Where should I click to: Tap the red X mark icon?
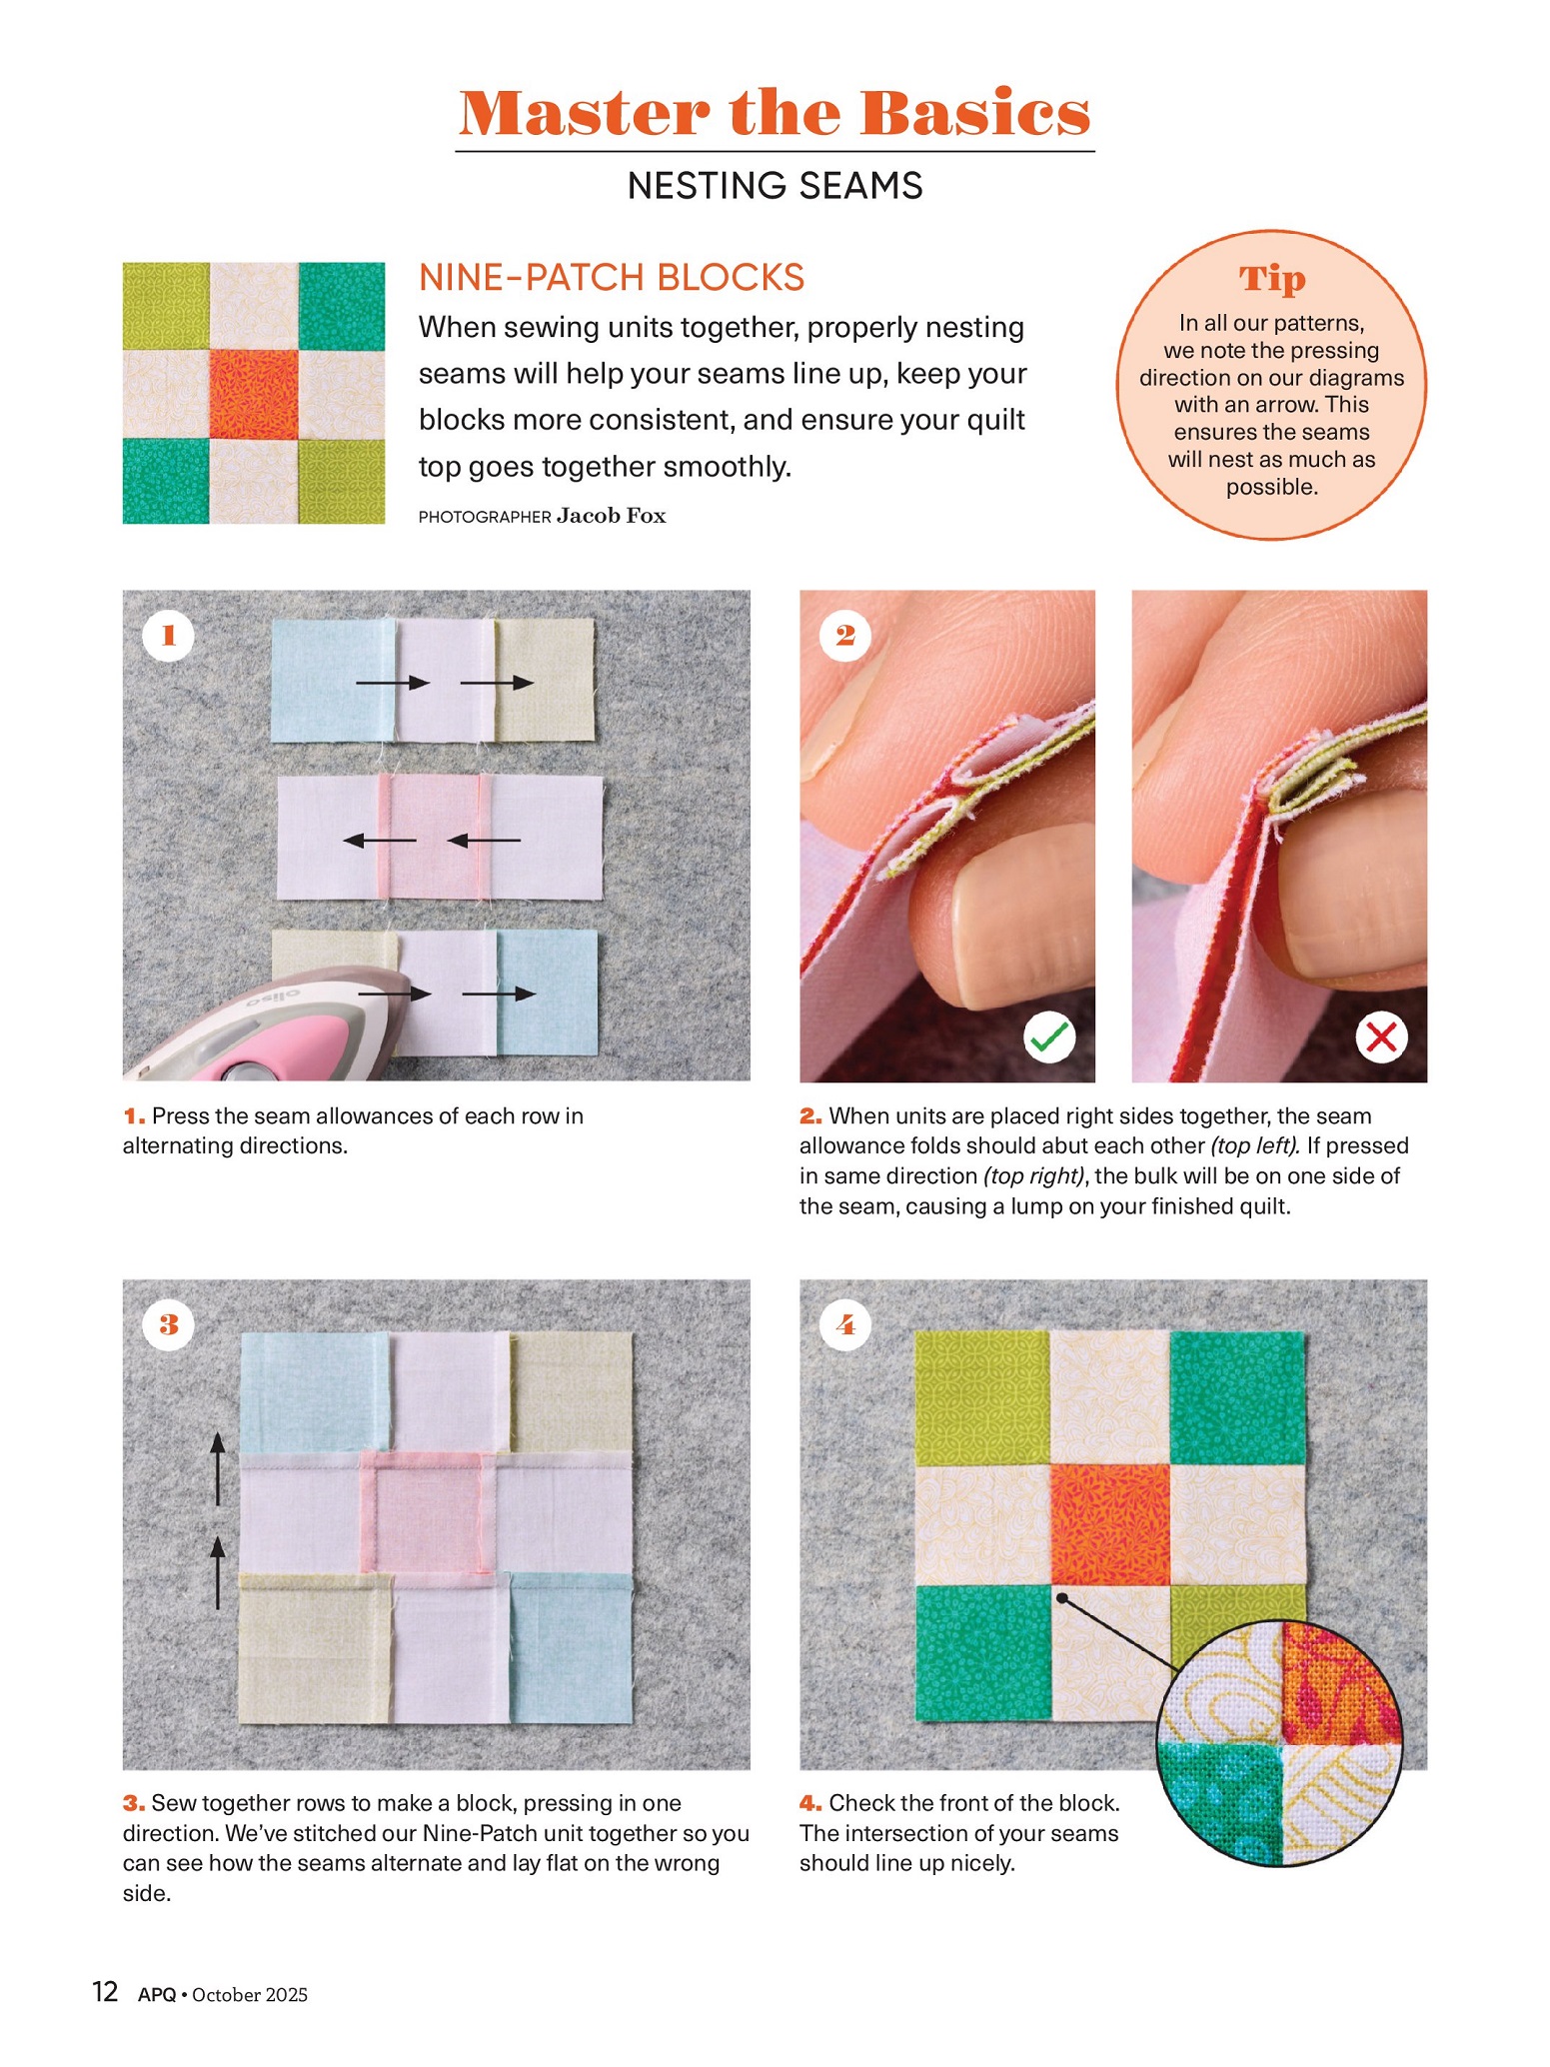pos(1381,1037)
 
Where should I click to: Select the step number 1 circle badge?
pos(168,635)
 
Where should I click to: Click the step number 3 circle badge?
pos(168,1324)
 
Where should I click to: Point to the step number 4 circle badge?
pos(845,1324)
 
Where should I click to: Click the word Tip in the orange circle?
pos(1272,279)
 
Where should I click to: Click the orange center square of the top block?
pos(254,394)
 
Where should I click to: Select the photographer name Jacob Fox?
pos(612,516)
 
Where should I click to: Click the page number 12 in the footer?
pos(105,1992)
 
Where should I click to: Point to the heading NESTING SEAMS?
pos(775,186)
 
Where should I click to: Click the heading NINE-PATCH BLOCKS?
pos(612,277)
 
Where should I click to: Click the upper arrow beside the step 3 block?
pos(218,1468)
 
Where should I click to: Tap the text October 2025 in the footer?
pos(250,1995)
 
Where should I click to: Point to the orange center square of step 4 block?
pos(1109,1525)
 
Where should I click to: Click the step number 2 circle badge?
pos(845,635)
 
